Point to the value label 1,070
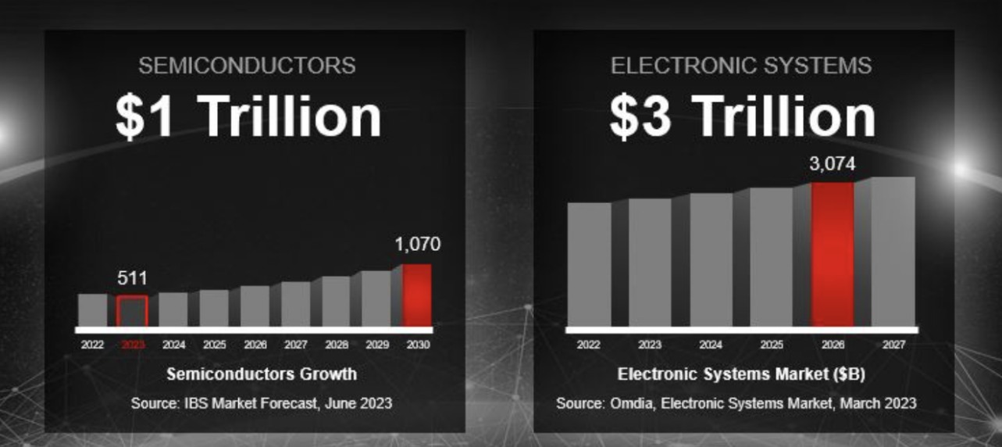[416, 245]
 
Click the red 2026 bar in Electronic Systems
[833, 254]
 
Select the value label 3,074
[833, 165]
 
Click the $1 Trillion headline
[248, 116]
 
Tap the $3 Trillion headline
[743, 116]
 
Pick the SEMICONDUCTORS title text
[247, 66]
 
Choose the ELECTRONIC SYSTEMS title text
[741, 66]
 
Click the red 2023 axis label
[133, 344]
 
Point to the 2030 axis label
[417, 344]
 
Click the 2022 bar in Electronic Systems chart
[590, 264]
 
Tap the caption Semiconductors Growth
[262, 374]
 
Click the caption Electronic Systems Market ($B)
[741, 374]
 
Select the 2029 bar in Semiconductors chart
[376, 298]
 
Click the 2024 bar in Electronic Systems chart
[711, 259]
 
